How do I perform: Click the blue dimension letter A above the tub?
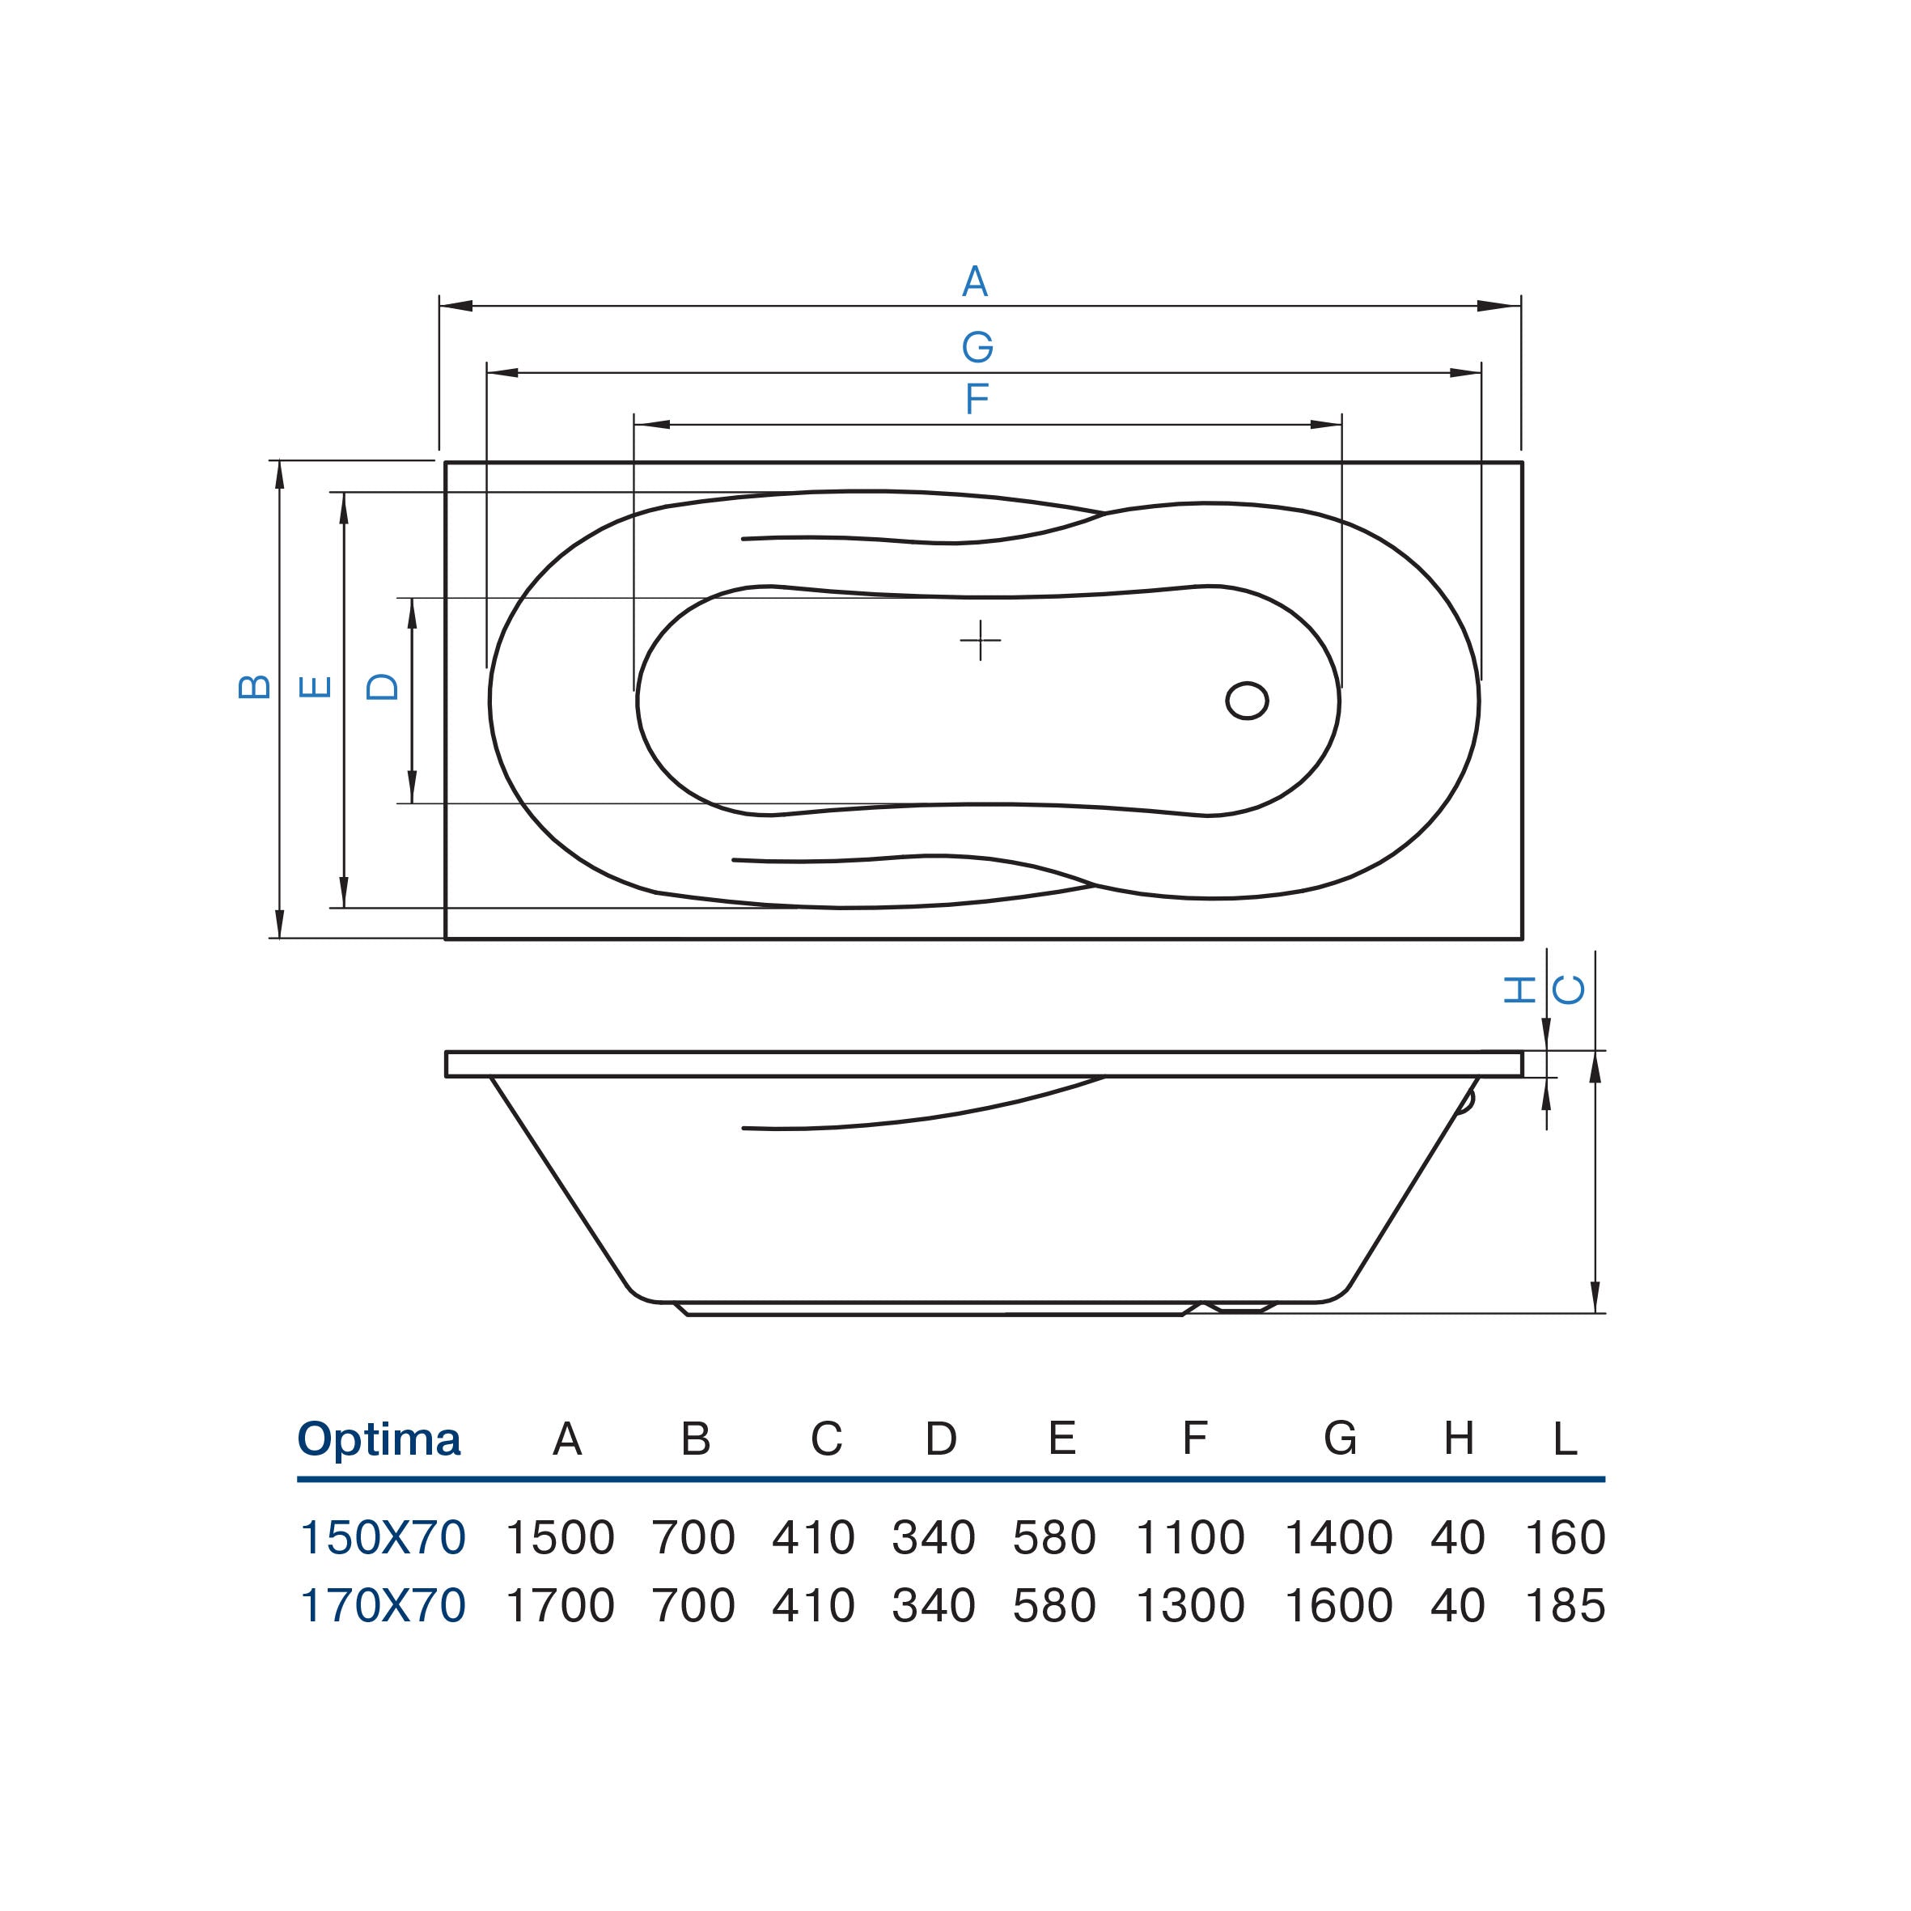(975, 282)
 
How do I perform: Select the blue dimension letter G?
(977, 347)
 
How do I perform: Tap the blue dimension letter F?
(977, 400)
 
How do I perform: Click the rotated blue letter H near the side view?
(1519, 989)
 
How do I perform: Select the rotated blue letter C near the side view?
(1569, 989)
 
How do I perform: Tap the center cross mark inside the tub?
(981, 640)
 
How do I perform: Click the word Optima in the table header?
(379, 1439)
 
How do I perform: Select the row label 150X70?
(382, 1538)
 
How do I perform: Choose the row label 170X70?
(382, 1605)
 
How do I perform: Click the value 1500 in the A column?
(560, 1538)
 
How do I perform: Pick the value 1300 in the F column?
(1190, 1605)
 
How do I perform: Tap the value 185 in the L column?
(1565, 1605)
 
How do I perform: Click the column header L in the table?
(1565, 1439)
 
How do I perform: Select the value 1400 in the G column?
(1338, 1538)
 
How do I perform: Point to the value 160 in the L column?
(1565, 1538)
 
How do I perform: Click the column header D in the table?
(941, 1439)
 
